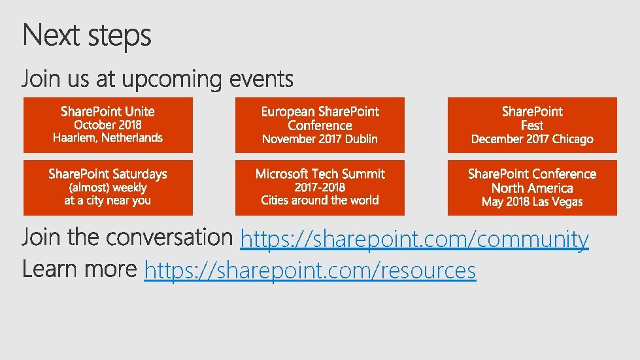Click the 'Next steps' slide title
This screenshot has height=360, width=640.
coord(87,35)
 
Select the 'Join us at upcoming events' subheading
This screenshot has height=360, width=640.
coord(158,80)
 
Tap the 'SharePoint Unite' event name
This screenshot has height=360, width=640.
coord(108,111)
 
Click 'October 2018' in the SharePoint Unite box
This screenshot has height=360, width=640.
coord(108,125)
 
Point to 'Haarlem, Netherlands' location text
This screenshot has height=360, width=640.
coord(108,138)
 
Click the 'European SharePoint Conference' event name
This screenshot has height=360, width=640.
coord(320,118)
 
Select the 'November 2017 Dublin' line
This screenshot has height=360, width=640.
coord(320,139)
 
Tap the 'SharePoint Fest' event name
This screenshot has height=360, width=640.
coord(532,118)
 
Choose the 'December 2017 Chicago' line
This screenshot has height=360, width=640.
coord(532,139)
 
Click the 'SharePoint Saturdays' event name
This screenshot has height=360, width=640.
coord(108,174)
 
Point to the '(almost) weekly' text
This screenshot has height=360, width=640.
coord(108,188)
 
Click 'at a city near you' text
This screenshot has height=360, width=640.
coord(108,201)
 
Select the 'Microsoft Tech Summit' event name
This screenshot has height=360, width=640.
coord(320,174)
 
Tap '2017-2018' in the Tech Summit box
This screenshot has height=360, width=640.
coord(320,188)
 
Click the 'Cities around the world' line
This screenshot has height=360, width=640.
coord(320,201)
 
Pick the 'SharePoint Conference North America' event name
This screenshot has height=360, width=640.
coord(532,181)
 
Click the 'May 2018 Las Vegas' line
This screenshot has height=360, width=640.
coord(532,201)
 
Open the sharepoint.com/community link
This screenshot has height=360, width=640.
coord(414,240)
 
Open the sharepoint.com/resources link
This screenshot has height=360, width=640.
coord(310,270)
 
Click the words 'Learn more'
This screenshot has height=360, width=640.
coord(80,269)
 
